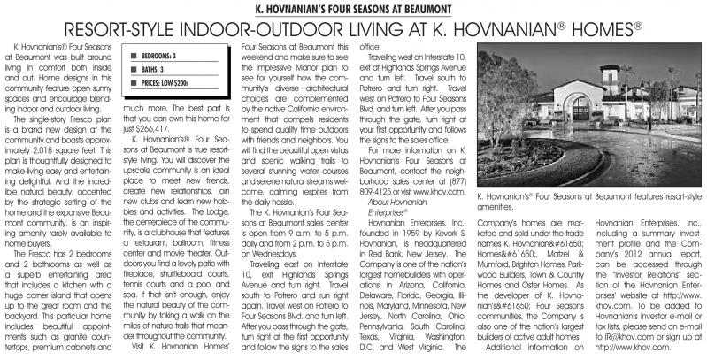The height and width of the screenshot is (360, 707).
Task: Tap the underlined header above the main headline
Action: (354, 10)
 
